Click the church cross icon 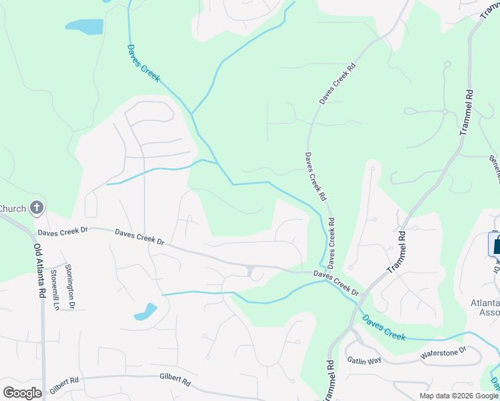click(37, 208)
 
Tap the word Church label click(13, 209)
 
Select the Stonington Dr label click(70, 287)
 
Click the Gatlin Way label click(364, 361)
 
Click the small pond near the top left click(85, 27)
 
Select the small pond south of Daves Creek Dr click(146, 311)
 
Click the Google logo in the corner click(22, 393)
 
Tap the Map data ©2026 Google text click(459, 396)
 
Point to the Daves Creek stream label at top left click(144, 63)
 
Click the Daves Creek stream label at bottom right click(384, 327)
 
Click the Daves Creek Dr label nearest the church click(64, 233)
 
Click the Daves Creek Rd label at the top click(337, 84)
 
